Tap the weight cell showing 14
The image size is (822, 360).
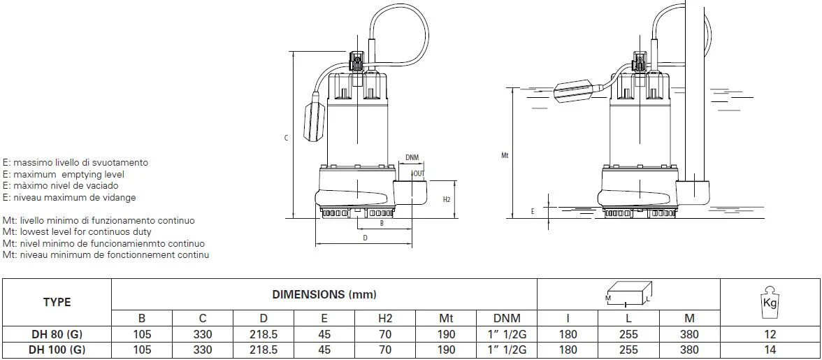[770, 350]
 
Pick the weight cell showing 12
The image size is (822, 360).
[770, 334]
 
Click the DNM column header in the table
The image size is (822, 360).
[507, 318]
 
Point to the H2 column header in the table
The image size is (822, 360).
[385, 318]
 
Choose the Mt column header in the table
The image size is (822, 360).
[446, 318]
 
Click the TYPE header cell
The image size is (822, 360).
[57, 303]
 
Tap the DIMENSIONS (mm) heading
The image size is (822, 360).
[324, 294]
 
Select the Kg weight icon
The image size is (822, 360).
[770, 303]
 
